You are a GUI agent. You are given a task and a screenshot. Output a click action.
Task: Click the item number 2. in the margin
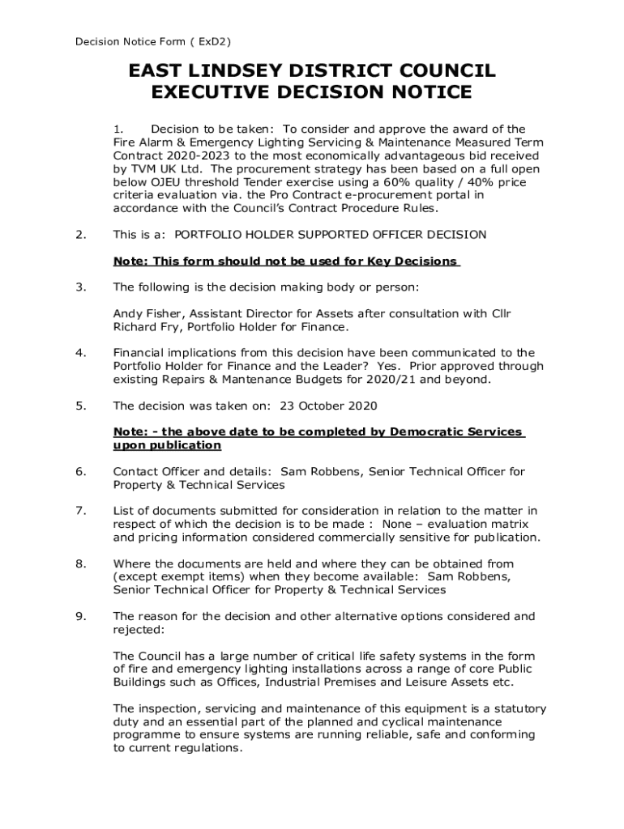click(80, 235)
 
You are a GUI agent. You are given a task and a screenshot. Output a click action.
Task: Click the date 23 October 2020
click(328, 405)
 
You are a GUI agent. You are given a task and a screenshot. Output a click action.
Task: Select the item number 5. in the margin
click(80, 405)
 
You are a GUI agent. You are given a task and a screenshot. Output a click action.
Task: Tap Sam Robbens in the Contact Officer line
click(319, 471)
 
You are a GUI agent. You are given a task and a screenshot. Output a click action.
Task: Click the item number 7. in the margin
click(80, 510)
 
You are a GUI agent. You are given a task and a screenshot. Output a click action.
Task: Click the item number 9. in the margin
click(80, 616)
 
